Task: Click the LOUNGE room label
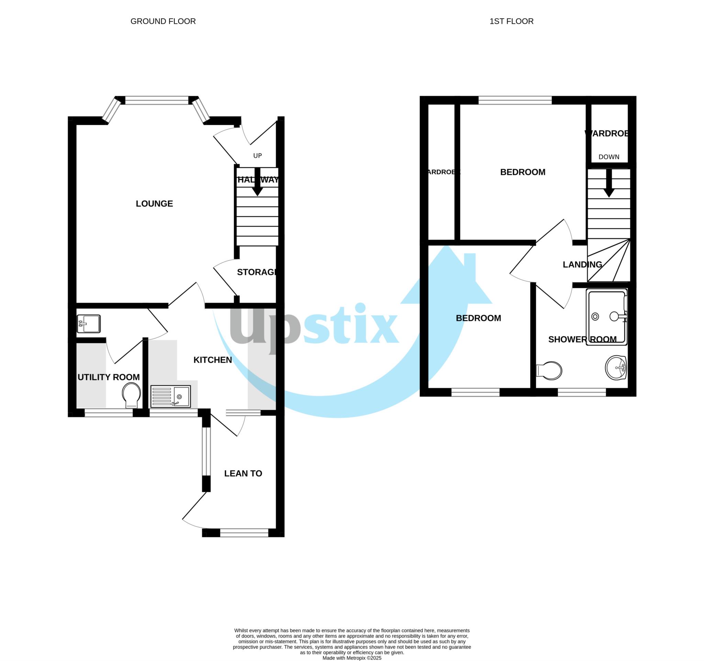154,204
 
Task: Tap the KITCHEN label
212,360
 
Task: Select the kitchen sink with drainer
170,397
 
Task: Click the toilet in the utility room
131,396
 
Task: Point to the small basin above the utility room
89,323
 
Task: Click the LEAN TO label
243,474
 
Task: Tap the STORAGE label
257,272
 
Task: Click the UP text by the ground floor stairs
257,156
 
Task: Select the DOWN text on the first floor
609,157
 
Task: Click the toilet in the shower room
549,370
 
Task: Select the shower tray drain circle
595,317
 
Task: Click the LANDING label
582,264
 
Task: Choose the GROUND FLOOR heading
163,21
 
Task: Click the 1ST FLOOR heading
511,21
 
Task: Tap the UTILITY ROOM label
108,377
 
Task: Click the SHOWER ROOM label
582,339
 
